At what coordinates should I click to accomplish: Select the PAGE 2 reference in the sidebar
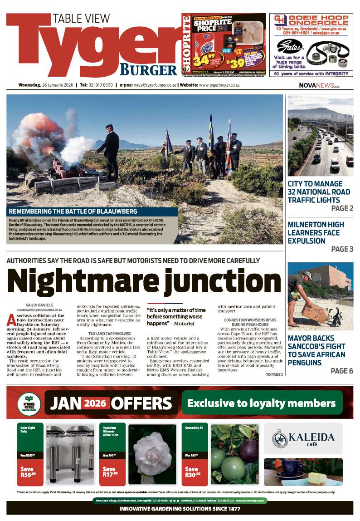342,208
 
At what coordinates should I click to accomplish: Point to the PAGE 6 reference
342,371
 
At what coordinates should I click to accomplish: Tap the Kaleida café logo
303,438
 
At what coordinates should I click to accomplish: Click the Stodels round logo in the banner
29,403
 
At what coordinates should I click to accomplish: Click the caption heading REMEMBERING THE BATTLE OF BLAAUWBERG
92,211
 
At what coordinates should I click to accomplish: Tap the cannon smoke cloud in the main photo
41,136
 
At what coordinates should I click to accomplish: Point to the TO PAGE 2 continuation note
274,374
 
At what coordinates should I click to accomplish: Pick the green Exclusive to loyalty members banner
262,403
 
